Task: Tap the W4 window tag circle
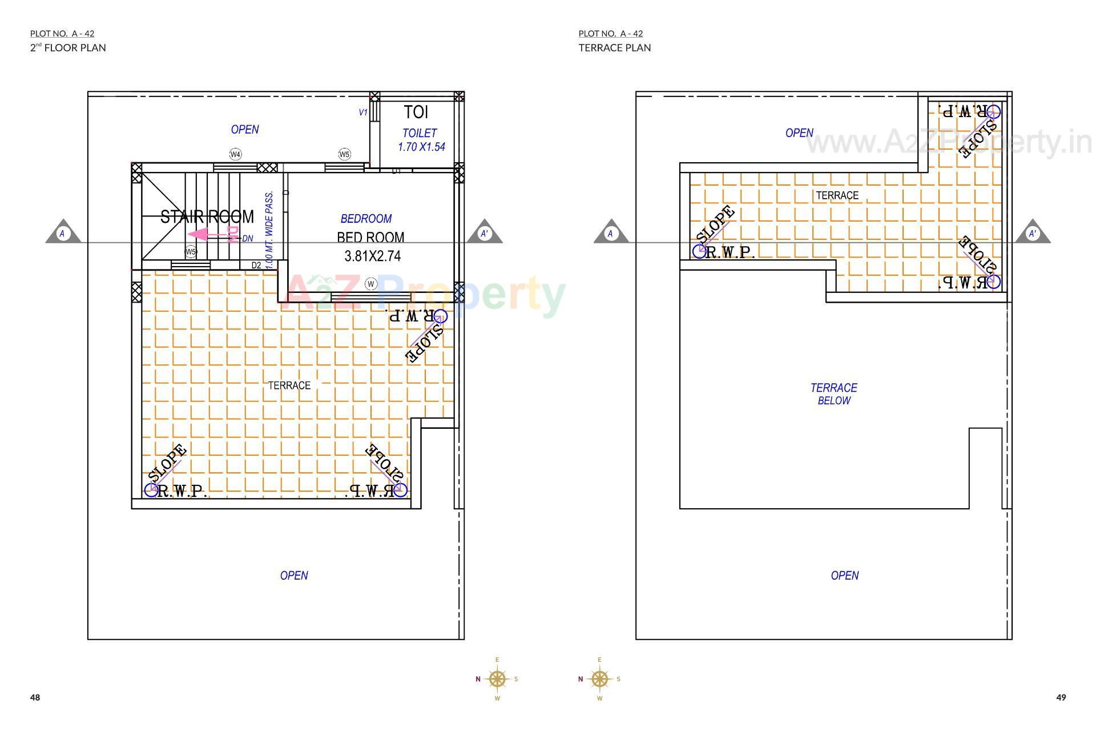[x=235, y=154]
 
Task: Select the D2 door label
[x=256, y=265]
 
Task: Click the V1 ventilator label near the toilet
[x=363, y=113]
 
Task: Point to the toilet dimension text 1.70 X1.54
[x=421, y=147]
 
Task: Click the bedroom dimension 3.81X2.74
[x=372, y=256]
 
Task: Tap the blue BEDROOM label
[x=366, y=219]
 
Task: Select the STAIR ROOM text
[x=207, y=217]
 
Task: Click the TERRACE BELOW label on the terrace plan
[x=833, y=394]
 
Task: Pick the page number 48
[x=35, y=697]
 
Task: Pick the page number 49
[x=1061, y=697]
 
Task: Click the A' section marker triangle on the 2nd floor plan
[x=485, y=232]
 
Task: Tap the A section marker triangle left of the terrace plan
[x=611, y=232]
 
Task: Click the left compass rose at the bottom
[x=497, y=679]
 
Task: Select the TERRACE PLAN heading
[x=614, y=48]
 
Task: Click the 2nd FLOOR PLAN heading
[x=68, y=48]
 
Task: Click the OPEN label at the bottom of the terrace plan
[x=844, y=576]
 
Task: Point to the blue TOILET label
[x=420, y=133]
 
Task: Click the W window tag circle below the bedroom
[x=371, y=284]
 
